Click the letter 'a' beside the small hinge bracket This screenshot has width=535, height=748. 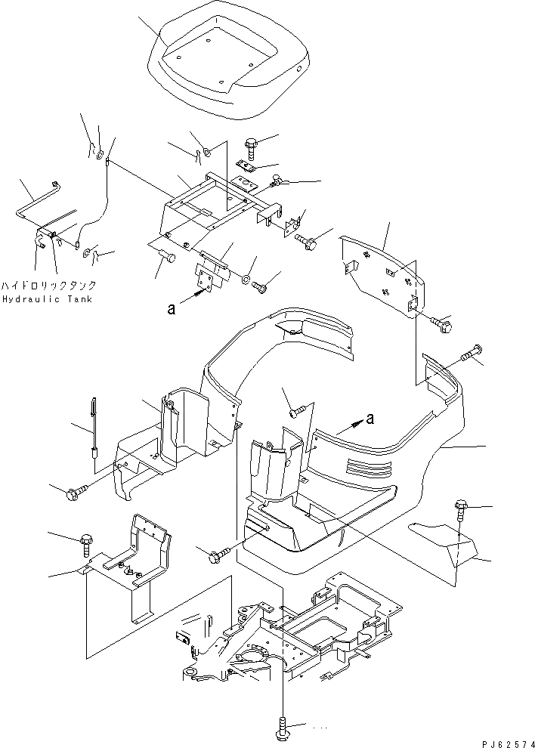click(173, 308)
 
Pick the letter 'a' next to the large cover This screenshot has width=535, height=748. click(370, 418)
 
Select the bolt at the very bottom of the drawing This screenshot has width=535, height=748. click(282, 729)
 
